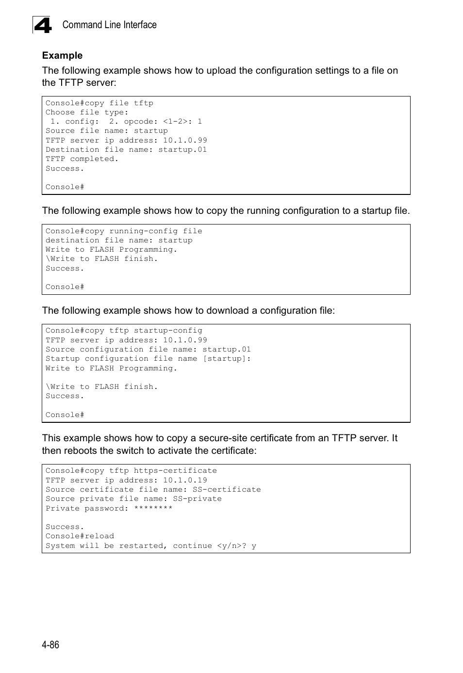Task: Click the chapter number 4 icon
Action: point(42,25)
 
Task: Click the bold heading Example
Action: point(62,56)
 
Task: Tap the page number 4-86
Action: point(50,644)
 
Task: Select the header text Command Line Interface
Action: point(109,25)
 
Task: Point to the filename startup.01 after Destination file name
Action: point(182,150)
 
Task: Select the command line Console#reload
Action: point(80,536)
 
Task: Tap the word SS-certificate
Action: point(227,490)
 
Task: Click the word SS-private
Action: point(197,499)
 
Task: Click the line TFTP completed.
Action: point(82,159)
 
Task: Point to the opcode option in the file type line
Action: point(141,122)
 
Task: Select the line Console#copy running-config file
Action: point(124,231)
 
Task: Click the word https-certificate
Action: point(175,471)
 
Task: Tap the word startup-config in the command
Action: point(168,331)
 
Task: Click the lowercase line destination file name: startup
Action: point(119,240)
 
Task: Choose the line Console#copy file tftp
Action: point(99,103)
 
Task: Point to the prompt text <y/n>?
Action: point(231,546)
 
